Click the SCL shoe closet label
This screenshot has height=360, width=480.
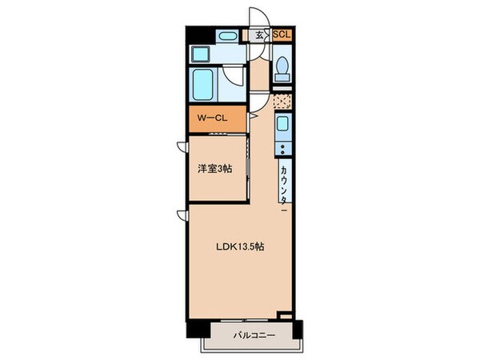[282, 34]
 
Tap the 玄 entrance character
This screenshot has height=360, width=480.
[259, 35]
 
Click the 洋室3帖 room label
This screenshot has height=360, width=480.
[216, 169]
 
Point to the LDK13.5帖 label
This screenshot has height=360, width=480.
[240, 246]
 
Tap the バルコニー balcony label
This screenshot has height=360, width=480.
[254, 334]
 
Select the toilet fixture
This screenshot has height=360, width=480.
[282, 71]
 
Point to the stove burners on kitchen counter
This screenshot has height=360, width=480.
[282, 150]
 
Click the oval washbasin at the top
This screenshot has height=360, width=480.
[227, 35]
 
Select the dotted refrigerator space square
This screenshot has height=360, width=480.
[282, 102]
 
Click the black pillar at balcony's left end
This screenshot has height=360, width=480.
[194, 329]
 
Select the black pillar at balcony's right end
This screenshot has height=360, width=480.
[298, 329]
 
